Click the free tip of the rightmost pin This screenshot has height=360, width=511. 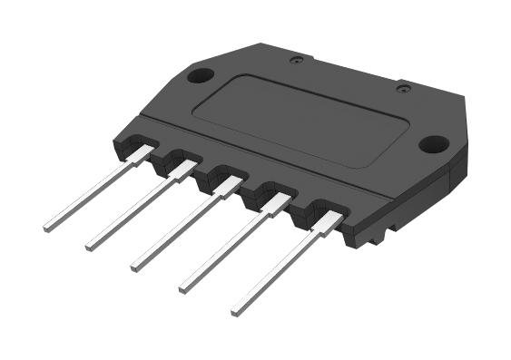pyautogui.click(x=236, y=310)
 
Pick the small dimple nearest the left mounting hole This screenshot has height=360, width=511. pyautogui.click(x=295, y=61)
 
